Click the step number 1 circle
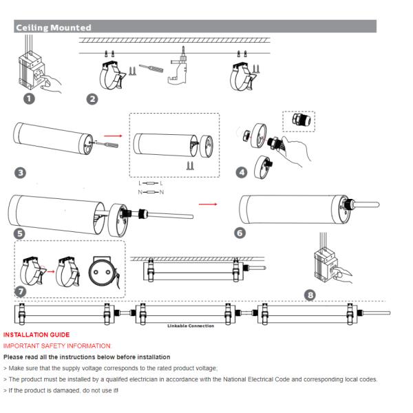(x=29, y=99)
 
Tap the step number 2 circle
(x=92, y=99)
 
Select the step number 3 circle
(x=20, y=173)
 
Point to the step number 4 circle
(x=242, y=173)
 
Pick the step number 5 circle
(x=19, y=233)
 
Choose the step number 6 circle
(x=240, y=233)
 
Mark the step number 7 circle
(x=21, y=292)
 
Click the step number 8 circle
(x=310, y=295)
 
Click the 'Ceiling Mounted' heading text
(x=54, y=28)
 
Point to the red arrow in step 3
(x=113, y=136)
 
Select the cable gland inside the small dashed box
(x=301, y=120)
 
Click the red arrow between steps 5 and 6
(x=208, y=204)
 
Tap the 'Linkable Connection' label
(x=191, y=326)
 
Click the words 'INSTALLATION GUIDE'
(x=36, y=335)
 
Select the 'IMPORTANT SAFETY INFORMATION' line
(x=57, y=346)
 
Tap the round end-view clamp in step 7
(x=103, y=272)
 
